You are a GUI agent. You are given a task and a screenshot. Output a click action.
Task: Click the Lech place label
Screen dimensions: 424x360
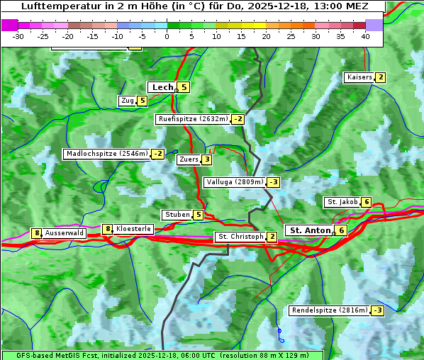pyautogui.click(x=162, y=87)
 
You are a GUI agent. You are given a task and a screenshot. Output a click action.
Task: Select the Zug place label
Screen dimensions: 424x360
pyautogui.click(x=128, y=101)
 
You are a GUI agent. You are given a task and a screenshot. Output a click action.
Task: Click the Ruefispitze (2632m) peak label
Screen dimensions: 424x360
pyautogui.click(x=193, y=119)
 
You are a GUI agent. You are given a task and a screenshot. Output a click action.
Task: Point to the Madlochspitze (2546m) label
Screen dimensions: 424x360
pyautogui.click(x=106, y=154)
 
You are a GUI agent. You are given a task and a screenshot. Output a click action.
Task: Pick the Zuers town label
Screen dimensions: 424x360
pyautogui.click(x=188, y=159)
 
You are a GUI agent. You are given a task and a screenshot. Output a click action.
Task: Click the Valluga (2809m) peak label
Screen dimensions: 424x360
pyautogui.click(x=234, y=182)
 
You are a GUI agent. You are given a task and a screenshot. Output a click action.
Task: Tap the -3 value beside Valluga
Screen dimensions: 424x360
pyautogui.click(x=274, y=182)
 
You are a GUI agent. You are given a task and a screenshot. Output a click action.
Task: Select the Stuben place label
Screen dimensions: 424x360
pyautogui.click(x=177, y=215)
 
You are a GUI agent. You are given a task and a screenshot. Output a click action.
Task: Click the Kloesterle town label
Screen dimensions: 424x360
pyautogui.click(x=133, y=229)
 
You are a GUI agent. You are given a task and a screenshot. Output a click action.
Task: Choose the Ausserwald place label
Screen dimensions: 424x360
pyautogui.click(x=65, y=233)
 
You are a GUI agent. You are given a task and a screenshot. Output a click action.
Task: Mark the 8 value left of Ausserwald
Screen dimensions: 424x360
pyautogui.click(x=36, y=233)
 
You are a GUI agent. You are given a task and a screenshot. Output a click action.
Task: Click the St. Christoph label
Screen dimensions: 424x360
pyautogui.click(x=240, y=237)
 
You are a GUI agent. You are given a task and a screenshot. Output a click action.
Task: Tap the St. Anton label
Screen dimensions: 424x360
pyautogui.click(x=311, y=230)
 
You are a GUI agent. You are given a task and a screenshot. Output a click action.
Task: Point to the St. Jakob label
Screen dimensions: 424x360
pyautogui.click(x=342, y=202)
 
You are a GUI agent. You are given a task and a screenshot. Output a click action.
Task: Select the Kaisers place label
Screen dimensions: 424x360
pyautogui.click(x=359, y=77)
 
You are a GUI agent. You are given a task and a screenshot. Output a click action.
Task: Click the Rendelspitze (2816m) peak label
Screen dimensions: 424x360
pyautogui.click(x=330, y=310)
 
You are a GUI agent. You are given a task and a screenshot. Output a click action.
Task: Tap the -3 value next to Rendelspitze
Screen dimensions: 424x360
pyautogui.click(x=378, y=310)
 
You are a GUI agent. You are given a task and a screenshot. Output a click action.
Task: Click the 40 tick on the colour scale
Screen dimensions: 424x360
pyautogui.click(x=365, y=35)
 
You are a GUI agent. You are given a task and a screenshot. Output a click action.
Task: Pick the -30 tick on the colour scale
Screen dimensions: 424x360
pyautogui.click(x=18, y=35)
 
